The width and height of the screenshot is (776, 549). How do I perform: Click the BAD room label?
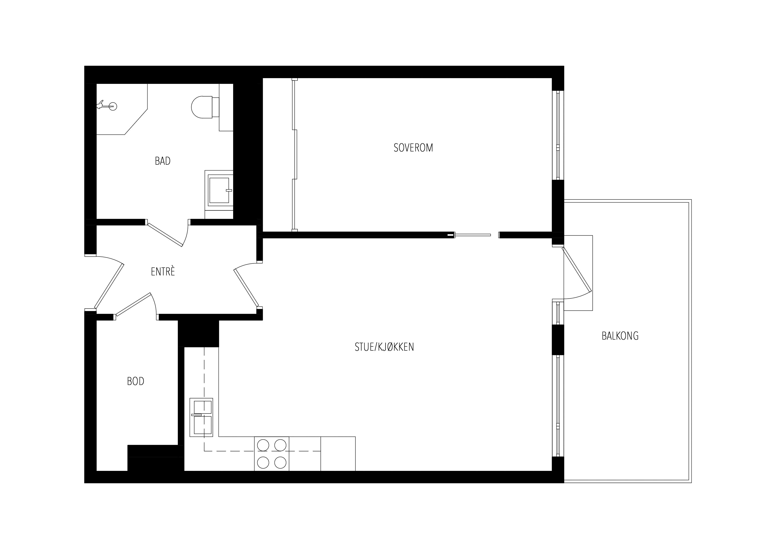coord(163,161)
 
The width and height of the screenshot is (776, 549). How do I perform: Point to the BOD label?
coord(136,381)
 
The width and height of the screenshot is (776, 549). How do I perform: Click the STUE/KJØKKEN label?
coord(384,347)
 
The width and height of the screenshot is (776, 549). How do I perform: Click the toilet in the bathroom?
coord(205,107)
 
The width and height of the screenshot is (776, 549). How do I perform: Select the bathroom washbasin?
coord(219,190)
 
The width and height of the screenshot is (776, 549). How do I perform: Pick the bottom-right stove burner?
coord(280,462)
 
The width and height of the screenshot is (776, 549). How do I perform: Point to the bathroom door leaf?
coord(165,234)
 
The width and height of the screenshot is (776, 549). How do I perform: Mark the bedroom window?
coord(558,135)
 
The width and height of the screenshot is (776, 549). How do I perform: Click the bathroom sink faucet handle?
coord(229,190)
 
